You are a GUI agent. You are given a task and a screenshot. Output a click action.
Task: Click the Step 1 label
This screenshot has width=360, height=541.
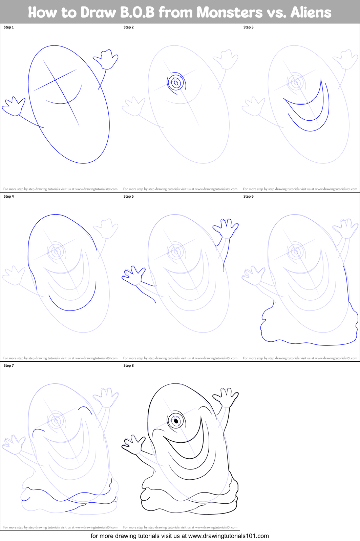coord(9,27)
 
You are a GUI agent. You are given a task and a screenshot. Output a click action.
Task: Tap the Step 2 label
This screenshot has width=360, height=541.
coord(129,27)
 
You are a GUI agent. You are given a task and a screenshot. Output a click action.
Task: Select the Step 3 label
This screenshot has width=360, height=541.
coord(249,27)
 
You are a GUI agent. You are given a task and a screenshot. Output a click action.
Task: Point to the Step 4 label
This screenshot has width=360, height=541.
coord(9,196)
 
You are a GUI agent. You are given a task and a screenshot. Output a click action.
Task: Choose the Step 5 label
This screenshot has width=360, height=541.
coord(129,196)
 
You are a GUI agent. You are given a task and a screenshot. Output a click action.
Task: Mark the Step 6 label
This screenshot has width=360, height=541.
coord(249,196)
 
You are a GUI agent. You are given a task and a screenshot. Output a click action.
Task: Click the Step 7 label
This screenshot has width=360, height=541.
coord(9,365)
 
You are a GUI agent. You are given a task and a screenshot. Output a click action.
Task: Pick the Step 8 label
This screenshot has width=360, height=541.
coord(129,365)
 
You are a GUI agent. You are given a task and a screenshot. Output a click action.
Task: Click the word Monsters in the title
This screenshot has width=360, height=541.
coord(229,13)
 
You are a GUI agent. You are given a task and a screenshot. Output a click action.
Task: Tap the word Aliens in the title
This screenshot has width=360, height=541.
coord(311,13)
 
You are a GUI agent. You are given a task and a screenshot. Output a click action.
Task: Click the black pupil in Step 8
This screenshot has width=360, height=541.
coord(176,421)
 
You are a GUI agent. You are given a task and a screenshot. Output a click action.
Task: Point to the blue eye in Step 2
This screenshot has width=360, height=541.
coord(176,82)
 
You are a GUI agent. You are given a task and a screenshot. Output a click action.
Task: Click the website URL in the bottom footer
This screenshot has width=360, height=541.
coord(228,536)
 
